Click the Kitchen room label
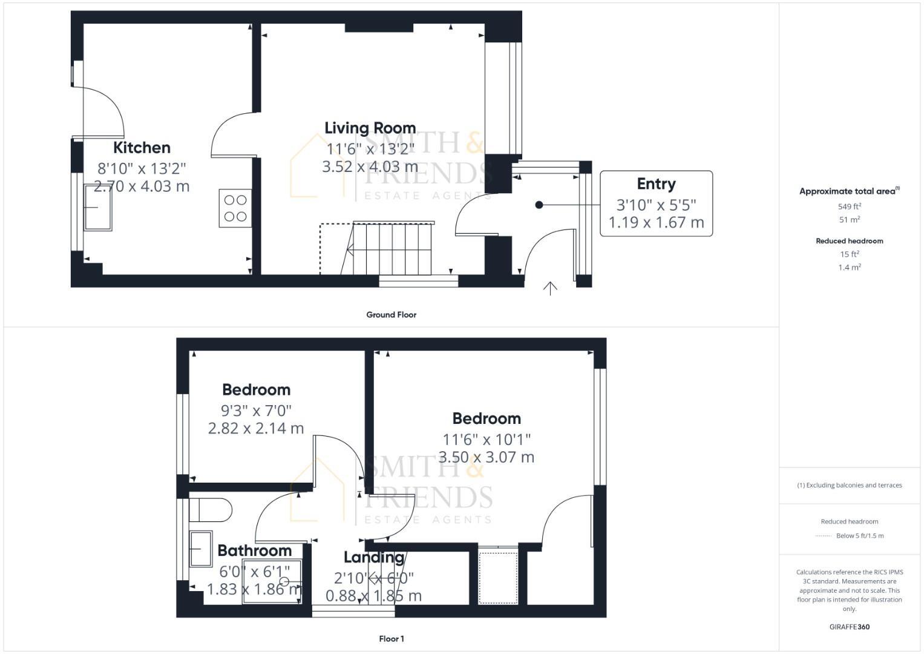[142, 148]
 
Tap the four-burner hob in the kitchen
[235, 208]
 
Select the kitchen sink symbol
[98, 207]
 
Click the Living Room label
[370, 128]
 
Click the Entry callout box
[656, 203]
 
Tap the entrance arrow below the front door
[549, 289]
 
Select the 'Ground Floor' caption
[391, 315]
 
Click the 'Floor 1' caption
[391, 639]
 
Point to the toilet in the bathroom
[210, 510]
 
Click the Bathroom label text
[255, 550]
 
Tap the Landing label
[374, 557]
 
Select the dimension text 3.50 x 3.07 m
[486, 457]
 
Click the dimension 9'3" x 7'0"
[256, 411]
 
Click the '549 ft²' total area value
[849, 206]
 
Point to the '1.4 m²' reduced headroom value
[849, 267]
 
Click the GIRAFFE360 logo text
[849, 627]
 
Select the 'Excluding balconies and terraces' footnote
[849, 485]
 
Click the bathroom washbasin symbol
[201, 549]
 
